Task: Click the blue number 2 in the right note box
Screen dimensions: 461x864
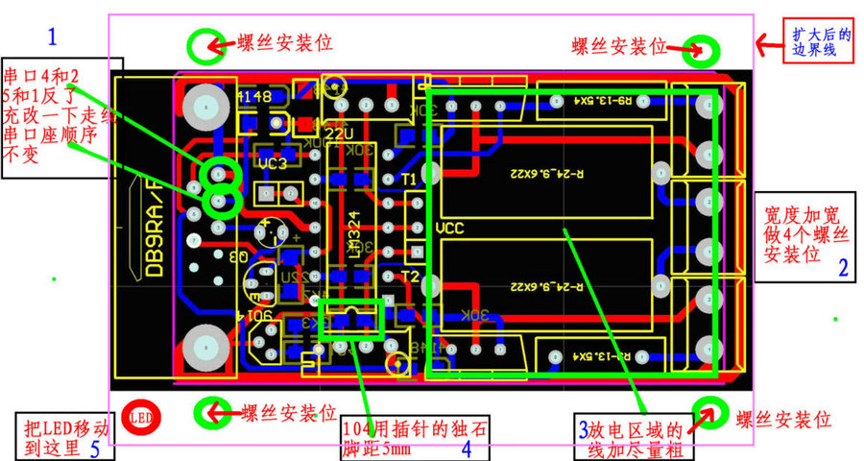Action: pyautogui.click(x=843, y=269)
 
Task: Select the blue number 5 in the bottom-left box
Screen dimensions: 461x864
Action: pyautogui.click(x=95, y=448)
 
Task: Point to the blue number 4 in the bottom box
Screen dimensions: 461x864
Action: pyautogui.click(x=467, y=448)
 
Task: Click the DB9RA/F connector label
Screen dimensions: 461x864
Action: pyautogui.click(x=154, y=230)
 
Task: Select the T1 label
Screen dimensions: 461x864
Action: pyautogui.click(x=410, y=180)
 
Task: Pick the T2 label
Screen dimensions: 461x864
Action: pyautogui.click(x=410, y=277)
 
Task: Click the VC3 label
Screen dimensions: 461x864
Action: pyautogui.click(x=273, y=164)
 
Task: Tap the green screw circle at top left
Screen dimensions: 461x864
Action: pyautogui.click(x=204, y=44)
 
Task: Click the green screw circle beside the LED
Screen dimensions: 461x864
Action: pyautogui.click(x=210, y=414)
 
